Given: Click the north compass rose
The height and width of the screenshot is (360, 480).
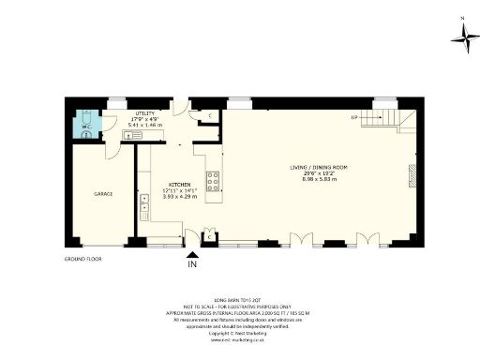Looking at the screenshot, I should tap(464, 35).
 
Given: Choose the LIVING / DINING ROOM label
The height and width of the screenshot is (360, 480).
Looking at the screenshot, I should tap(319, 167).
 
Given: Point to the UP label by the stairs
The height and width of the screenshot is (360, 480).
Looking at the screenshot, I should tap(355, 118).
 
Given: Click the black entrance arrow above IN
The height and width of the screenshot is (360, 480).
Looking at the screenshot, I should tap(193, 252).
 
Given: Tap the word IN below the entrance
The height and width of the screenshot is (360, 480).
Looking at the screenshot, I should tap(193, 265).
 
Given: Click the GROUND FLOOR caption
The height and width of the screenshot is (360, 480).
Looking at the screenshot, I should tap(82, 258).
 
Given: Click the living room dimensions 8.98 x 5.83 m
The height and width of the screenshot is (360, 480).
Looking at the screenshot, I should tap(319, 179).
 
